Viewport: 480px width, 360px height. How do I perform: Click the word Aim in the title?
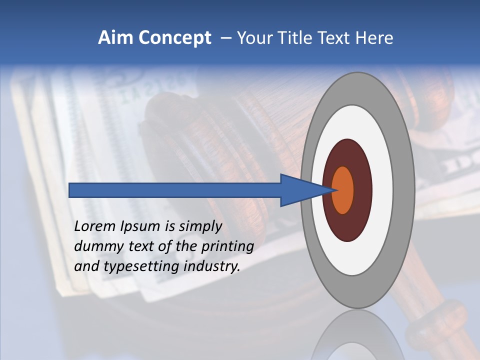tap(115, 38)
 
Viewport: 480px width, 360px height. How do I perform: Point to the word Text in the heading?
tap(336, 38)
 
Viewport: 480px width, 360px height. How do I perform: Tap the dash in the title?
tap(225, 38)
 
